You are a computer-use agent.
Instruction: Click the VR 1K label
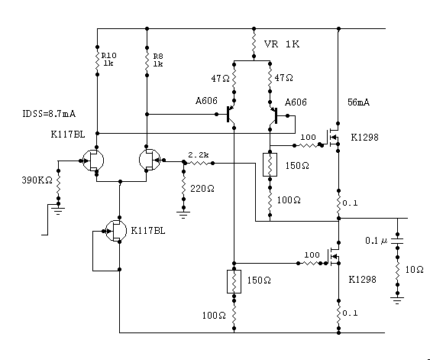282,44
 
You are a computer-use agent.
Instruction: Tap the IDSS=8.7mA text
49,114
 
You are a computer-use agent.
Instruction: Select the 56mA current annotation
358,102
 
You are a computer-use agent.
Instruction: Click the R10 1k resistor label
109,60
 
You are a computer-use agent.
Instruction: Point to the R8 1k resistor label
158,60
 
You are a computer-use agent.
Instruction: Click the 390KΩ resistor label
37,180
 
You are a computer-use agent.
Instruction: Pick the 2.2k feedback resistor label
199,154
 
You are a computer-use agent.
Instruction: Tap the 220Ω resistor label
202,189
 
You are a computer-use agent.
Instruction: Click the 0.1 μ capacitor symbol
397,241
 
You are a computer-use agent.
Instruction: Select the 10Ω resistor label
415,270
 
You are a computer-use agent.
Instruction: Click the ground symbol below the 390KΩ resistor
58,211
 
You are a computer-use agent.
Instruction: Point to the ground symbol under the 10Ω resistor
397,300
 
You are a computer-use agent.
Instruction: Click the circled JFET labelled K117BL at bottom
116,231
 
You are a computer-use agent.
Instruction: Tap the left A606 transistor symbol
231,114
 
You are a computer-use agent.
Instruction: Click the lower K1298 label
362,280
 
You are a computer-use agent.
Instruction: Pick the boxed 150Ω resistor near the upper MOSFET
270,164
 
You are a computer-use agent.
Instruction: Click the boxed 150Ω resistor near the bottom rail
234,281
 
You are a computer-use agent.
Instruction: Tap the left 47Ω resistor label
220,79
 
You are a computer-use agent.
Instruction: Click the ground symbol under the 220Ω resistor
183,214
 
